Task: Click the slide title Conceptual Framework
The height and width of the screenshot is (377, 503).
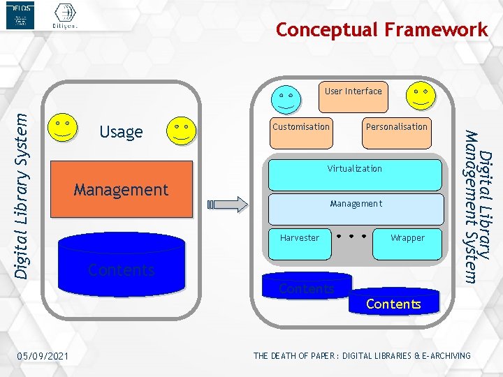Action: point(381,30)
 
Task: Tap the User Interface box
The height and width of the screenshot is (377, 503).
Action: point(353,96)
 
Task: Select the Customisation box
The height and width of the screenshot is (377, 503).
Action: point(300,131)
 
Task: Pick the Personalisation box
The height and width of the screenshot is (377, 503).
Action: point(396,131)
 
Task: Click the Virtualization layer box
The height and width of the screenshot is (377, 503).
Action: point(355,174)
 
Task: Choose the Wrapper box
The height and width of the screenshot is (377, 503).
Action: point(407,243)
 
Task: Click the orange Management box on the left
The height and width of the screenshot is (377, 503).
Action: point(121,189)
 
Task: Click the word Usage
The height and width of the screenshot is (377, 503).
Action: point(121,131)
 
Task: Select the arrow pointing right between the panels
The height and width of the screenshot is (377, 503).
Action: point(228,204)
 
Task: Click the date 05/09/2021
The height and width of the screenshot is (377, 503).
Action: point(43,357)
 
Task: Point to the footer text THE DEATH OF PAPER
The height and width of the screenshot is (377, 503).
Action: point(361,356)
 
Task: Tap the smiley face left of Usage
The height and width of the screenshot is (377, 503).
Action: point(61,128)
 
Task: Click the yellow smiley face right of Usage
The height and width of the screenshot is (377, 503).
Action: point(181,129)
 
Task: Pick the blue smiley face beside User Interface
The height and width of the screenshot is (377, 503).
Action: point(286,98)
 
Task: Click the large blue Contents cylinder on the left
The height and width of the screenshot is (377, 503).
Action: point(121,264)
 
